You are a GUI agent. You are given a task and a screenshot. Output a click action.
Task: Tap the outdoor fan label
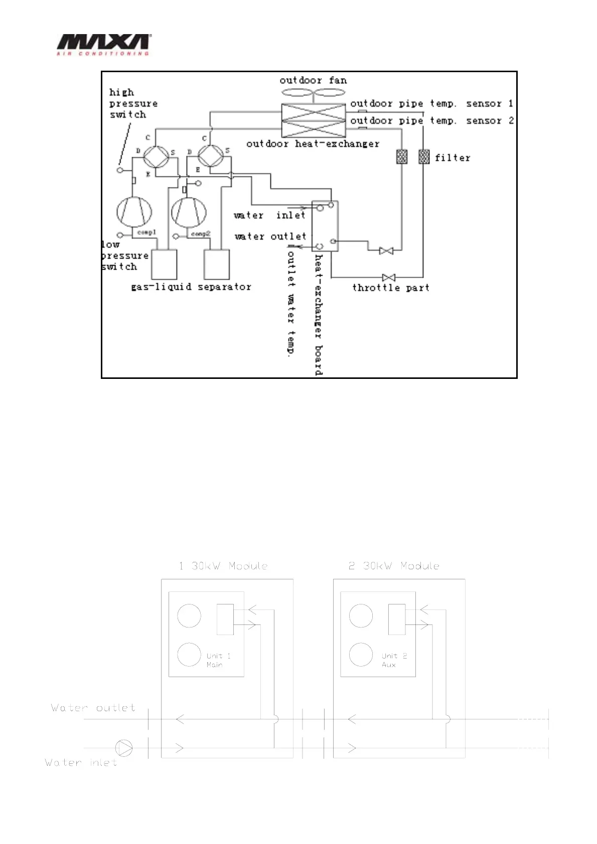(313, 80)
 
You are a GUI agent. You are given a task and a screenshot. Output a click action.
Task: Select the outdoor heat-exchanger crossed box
(313, 120)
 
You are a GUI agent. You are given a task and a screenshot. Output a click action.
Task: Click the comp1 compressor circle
(134, 211)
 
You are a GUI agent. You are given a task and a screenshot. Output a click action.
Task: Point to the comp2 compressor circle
(189, 211)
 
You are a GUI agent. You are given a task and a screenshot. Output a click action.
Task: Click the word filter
(453, 158)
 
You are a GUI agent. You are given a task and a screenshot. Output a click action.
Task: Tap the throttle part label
(391, 288)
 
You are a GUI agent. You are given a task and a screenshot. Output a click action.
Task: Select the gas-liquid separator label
(191, 287)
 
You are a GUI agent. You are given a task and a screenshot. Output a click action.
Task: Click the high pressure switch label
(133, 103)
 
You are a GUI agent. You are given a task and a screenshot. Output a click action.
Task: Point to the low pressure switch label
(124, 256)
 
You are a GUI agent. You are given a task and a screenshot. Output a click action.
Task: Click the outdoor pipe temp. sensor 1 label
(431, 104)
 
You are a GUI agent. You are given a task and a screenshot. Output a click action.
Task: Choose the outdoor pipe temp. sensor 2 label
(431, 121)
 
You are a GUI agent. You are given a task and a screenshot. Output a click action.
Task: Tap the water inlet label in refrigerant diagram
(269, 215)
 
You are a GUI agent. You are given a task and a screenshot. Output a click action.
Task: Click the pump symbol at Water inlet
(124, 748)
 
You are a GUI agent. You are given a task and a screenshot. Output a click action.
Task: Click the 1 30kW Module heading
(223, 566)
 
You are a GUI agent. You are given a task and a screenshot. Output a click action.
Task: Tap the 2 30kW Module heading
(394, 566)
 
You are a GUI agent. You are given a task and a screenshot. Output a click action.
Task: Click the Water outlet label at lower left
(93, 708)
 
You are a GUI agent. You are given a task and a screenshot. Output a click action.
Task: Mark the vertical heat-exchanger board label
(318, 315)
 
